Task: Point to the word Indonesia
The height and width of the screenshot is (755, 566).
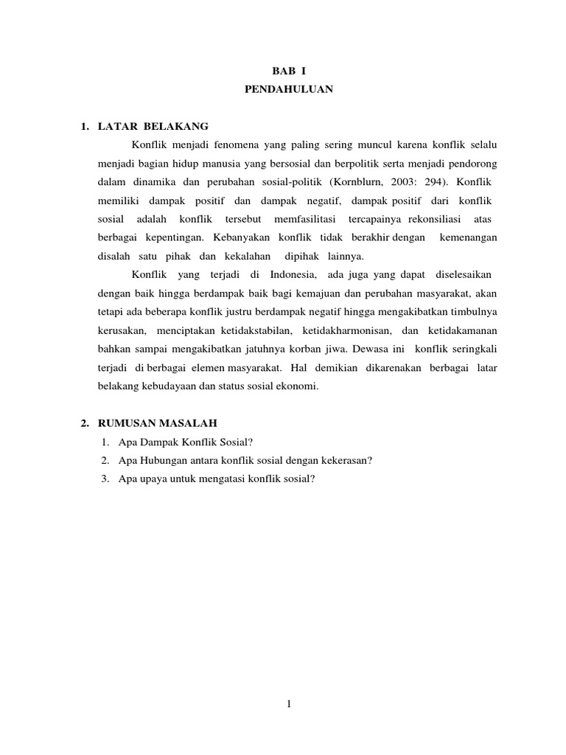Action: pos(292,275)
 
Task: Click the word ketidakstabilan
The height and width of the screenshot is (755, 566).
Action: pos(249,332)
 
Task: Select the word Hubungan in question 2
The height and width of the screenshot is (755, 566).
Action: pos(162,460)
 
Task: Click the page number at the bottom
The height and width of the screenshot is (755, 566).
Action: pos(290,704)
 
